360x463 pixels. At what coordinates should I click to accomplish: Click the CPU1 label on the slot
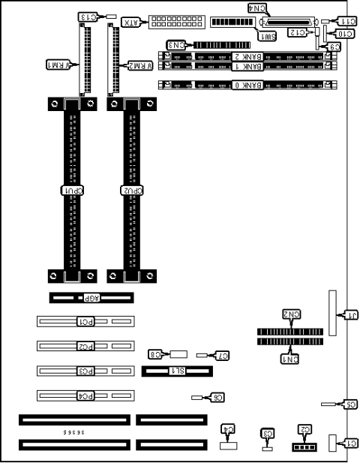pyautogui.click(x=72, y=191)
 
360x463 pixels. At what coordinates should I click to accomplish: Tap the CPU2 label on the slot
pyautogui.click(x=132, y=191)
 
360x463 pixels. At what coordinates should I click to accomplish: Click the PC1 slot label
pyautogui.click(x=86, y=322)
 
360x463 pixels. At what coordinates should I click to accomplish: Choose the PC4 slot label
pyautogui.click(x=86, y=395)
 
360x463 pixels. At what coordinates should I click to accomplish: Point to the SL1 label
pyautogui.click(x=177, y=371)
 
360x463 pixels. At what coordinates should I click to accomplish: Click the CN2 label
pyautogui.click(x=291, y=316)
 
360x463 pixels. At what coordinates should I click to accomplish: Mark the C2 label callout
pyautogui.click(x=304, y=429)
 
